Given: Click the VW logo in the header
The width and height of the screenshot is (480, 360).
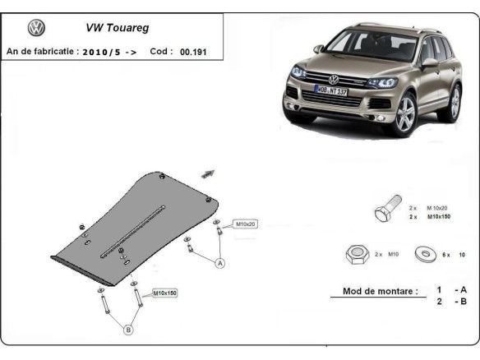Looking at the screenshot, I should coord(36,28).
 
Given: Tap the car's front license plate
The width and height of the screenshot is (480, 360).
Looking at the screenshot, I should coord(331,90).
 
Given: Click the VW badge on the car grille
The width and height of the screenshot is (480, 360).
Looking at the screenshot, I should coord(334,79).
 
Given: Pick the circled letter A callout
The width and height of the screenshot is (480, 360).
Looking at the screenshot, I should coord(220,264).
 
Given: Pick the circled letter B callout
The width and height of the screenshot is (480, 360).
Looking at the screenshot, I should coord(128,330).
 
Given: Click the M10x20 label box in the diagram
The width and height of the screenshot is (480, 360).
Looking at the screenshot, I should coord(246,224).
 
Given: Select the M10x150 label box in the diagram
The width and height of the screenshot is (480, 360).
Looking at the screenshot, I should coord(164,292).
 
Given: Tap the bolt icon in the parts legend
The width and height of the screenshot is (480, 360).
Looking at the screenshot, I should coord(386,211).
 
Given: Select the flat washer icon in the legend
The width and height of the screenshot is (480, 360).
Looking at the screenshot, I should coord(426,253).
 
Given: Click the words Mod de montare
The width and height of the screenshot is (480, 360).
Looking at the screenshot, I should coord(375,291).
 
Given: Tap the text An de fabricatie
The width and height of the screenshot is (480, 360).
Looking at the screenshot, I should coord(40,51).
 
